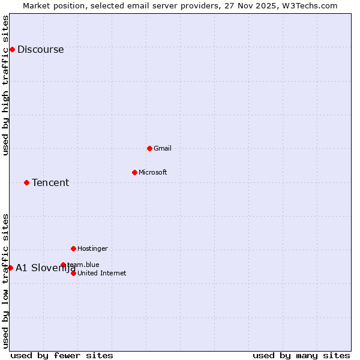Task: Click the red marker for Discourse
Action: [12, 49]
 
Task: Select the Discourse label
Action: [40, 50]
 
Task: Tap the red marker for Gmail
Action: [149, 148]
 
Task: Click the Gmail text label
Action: [163, 149]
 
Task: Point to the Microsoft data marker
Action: [134, 172]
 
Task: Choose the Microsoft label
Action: [153, 173]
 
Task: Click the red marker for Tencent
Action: [26, 182]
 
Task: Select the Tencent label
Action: [50, 183]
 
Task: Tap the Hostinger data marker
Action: [73, 248]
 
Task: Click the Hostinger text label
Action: [92, 249]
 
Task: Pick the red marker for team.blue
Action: [63, 265]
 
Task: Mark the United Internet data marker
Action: [73, 273]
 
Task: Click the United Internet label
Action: [102, 274]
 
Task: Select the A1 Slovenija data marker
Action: [10, 268]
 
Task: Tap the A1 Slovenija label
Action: [45, 268]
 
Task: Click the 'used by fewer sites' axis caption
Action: [62, 355]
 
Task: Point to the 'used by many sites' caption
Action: [301, 355]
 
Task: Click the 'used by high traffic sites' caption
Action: [5, 85]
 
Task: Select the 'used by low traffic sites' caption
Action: [5, 281]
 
